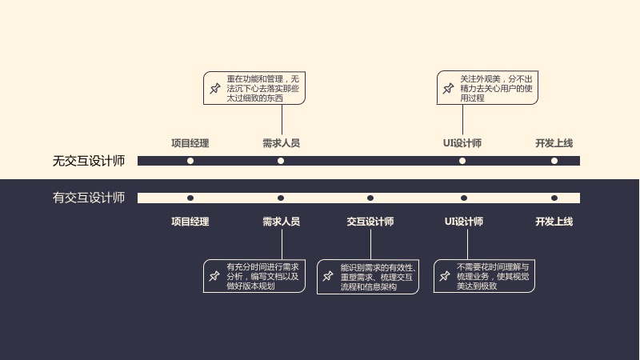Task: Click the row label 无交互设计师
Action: coord(89,161)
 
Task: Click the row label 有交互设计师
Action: coord(89,198)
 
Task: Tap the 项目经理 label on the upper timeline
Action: coord(190,143)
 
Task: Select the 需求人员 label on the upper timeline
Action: coord(281,143)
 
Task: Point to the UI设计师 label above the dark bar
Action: coord(462,143)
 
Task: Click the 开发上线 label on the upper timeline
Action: coord(554,143)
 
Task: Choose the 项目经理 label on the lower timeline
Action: coord(190,222)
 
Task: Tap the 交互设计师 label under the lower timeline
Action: coord(370,222)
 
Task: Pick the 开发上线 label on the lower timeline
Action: coord(554,222)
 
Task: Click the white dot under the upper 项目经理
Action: coord(190,161)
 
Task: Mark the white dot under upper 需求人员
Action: coord(281,161)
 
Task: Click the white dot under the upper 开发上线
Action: coord(554,161)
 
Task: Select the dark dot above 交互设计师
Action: coord(370,198)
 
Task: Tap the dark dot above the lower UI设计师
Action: coord(464,198)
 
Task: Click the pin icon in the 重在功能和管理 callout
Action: coord(215,88)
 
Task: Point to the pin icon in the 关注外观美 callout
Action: coord(448,88)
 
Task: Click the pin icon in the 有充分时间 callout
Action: coord(214,276)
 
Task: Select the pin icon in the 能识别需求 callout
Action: coord(328,276)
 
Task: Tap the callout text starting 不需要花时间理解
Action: coord(493,276)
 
